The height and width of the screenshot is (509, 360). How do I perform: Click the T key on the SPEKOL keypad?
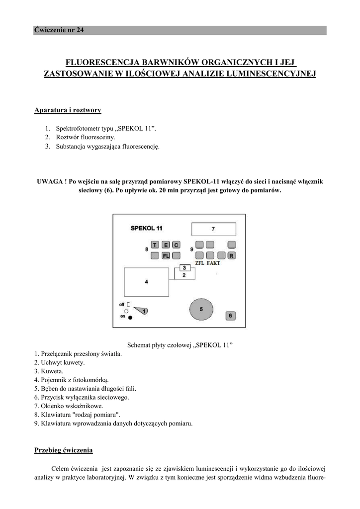click(155, 245)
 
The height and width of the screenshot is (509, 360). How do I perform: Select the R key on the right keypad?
click(232, 255)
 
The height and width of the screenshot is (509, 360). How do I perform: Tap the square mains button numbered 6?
click(230, 315)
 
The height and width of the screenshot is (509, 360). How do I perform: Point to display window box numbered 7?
click(213, 229)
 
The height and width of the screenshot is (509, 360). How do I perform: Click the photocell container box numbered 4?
click(146, 282)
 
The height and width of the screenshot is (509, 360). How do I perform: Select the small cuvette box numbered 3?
click(183, 268)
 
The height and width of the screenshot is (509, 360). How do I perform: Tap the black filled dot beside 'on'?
click(130, 317)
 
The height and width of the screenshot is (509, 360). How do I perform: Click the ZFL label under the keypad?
click(200, 263)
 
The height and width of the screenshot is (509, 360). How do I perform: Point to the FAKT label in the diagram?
click(213, 263)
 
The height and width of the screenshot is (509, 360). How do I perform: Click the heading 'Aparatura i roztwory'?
click(68, 110)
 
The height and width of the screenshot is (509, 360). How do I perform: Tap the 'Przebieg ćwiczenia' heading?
click(63, 450)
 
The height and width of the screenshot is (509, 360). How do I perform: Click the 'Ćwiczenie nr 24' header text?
click(59, 30)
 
